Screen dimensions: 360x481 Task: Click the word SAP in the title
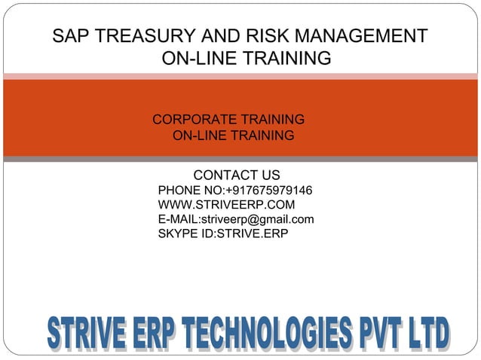pos(70,36)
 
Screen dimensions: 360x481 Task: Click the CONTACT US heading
pos(237,175)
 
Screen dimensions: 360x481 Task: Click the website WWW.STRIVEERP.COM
pos(226,204)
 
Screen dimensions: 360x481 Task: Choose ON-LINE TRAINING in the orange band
pos(233,136)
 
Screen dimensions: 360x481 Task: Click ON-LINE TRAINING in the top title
pos(247,58)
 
